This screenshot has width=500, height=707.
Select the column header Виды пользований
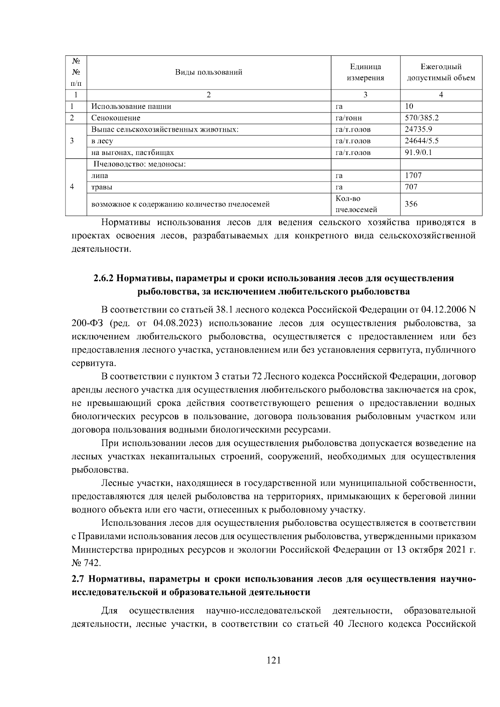tap(208, 72)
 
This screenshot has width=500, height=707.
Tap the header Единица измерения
tap(365, 72)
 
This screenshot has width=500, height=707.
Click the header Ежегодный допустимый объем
tap(441, 72)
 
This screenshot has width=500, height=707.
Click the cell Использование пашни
tap(131, 106)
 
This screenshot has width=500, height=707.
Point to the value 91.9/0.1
tap(418, 152)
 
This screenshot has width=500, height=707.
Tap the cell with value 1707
tap(413, 175)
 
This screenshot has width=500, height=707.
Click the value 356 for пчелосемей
tap(411, 204)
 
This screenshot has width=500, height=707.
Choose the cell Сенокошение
tap(116, 118)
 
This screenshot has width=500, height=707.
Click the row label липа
tap(100, 175)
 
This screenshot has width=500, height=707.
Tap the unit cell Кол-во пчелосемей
tap(356, 204)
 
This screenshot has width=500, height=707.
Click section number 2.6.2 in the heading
tap(103, 278)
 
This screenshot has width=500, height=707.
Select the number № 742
tap(86, 563)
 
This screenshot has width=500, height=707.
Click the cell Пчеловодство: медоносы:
tap(139, 164)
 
